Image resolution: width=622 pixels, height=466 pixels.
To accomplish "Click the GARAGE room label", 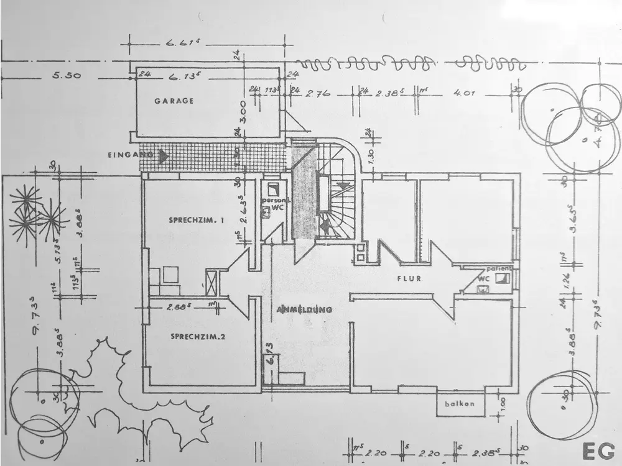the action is (174, 101).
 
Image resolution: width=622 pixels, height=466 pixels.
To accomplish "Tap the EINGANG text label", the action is (130, 155).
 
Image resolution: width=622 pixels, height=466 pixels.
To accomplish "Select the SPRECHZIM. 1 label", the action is (196, 221).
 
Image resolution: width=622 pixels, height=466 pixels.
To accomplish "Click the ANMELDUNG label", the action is (305, 309).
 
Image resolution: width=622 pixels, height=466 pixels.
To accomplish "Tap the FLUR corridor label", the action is (409, 278).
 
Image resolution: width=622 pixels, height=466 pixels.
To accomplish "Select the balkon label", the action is (460, 404).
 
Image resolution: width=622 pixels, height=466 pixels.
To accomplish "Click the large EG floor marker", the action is (597, 450).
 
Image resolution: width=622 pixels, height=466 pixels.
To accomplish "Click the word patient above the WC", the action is (499, 268).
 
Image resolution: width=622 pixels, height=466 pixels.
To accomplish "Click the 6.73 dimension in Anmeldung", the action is (269, 351).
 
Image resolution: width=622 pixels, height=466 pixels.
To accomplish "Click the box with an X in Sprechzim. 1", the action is (212, 282).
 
